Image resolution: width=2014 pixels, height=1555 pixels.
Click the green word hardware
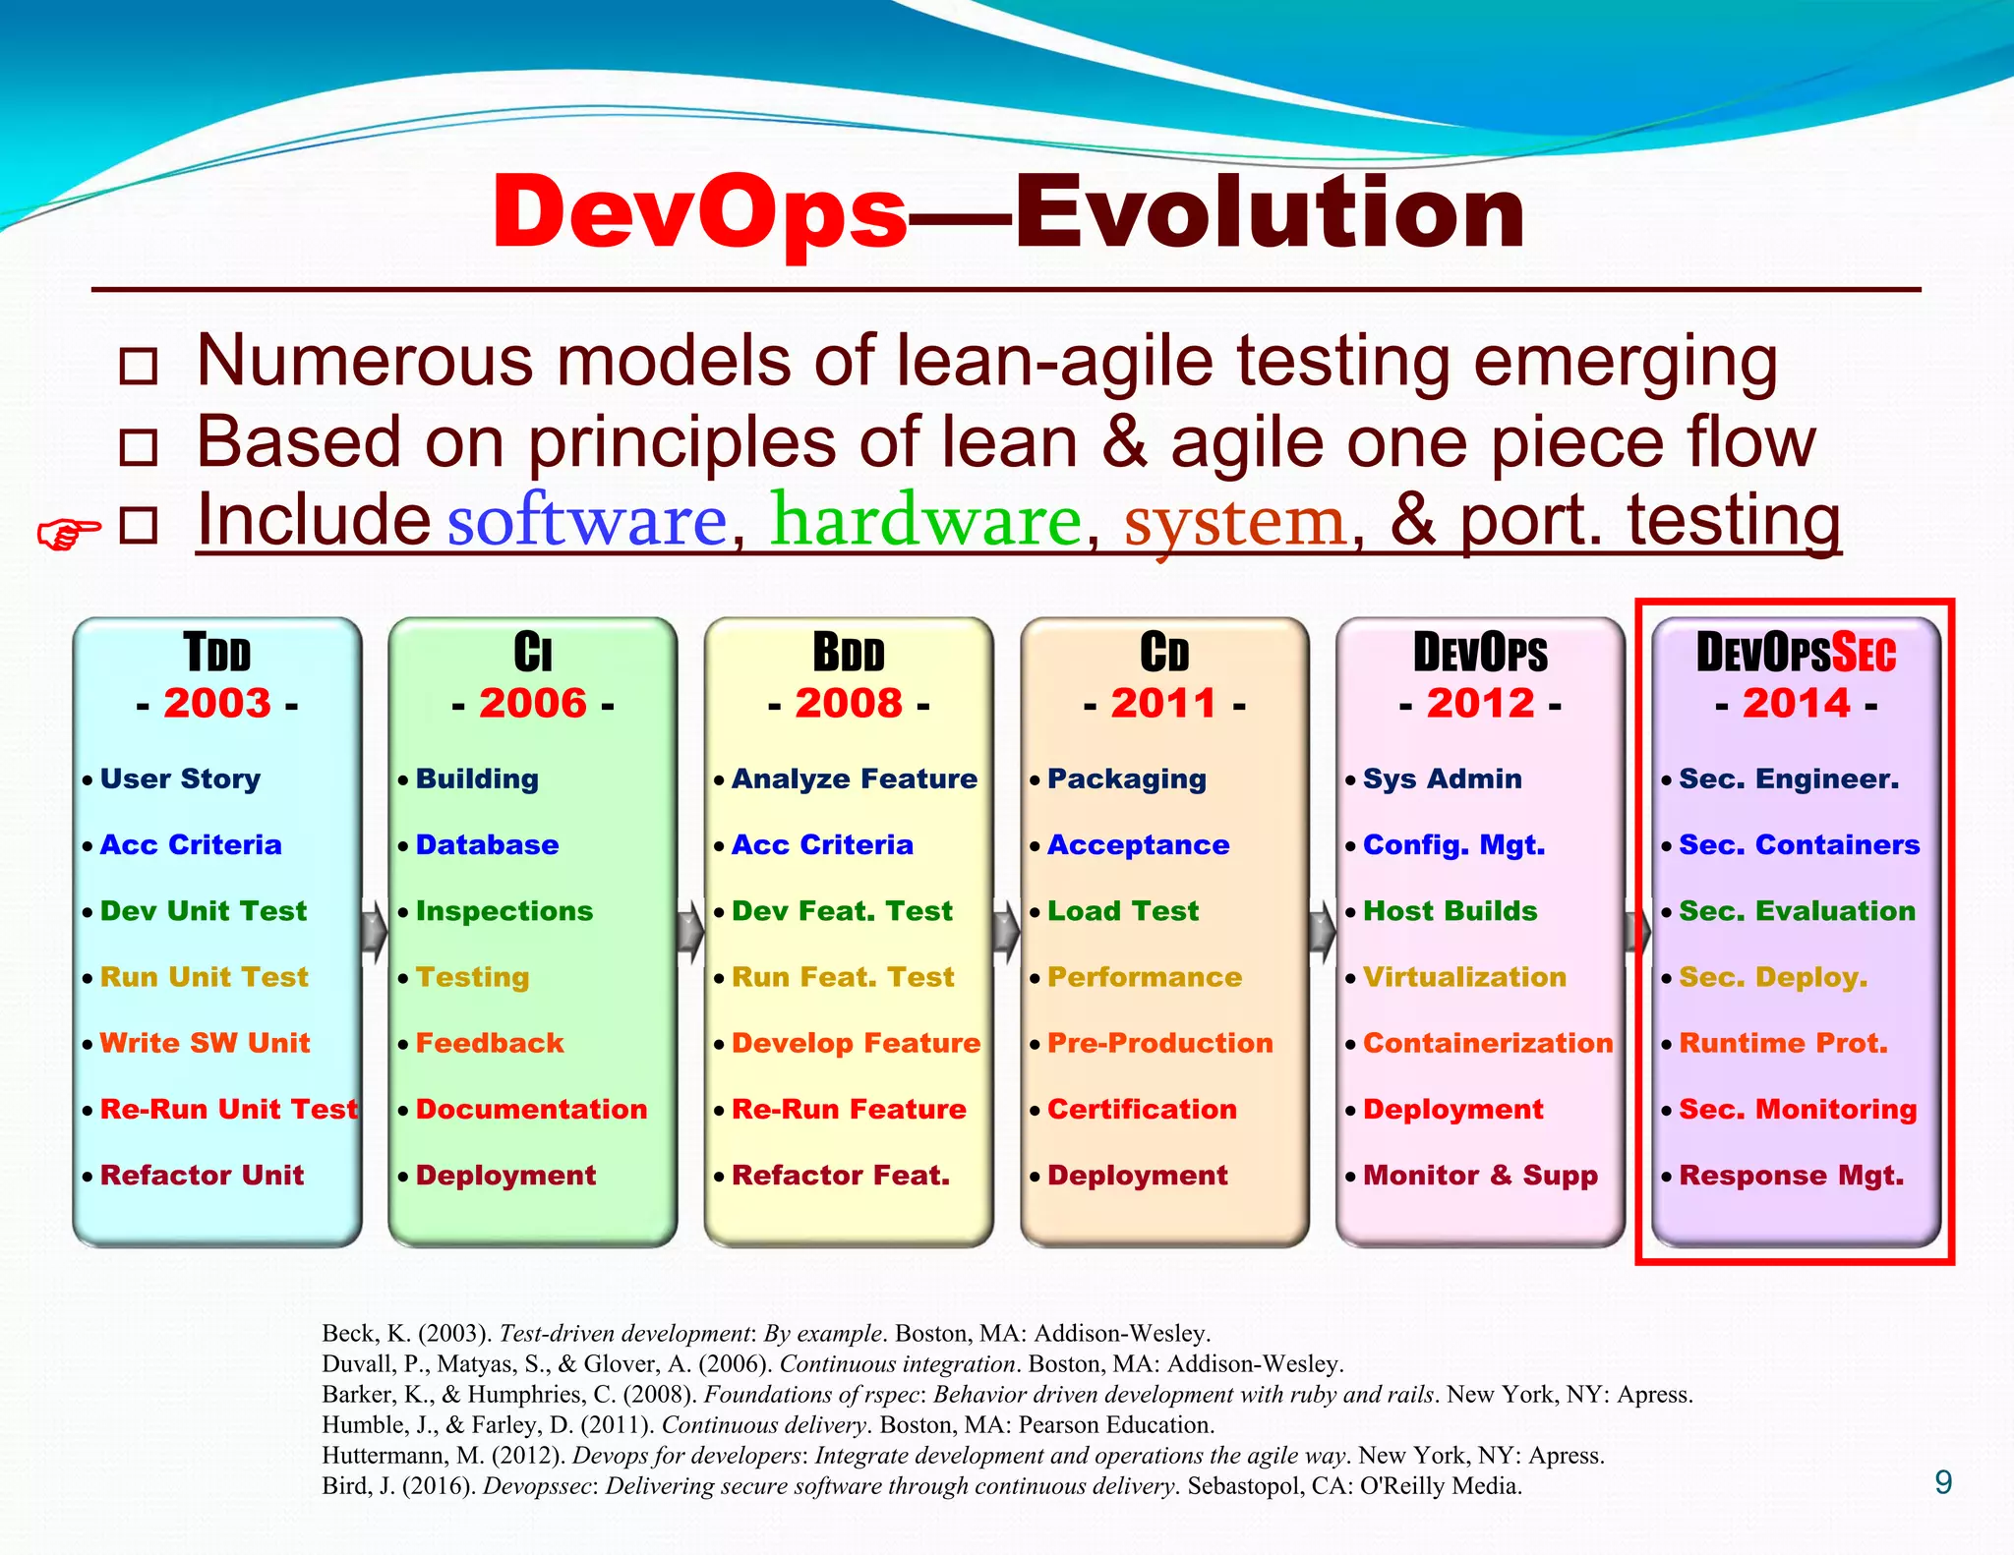[926, 520]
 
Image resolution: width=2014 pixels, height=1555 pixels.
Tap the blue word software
[587, 520]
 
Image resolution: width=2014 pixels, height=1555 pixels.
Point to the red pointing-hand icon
[68, 534]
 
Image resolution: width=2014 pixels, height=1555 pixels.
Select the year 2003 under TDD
[217, 703]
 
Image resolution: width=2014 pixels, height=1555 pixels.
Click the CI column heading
[532, 653]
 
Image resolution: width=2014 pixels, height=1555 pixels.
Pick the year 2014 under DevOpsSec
[1796, 703]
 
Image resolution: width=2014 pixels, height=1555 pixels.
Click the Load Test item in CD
[1122, 911]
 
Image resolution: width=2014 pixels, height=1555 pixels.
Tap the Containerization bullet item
[1487, 1043]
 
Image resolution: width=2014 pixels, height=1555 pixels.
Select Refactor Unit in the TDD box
[202, 1175]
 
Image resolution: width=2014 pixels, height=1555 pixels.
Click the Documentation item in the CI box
[531, 1109]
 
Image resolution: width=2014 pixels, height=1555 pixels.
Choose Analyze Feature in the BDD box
[854, 778]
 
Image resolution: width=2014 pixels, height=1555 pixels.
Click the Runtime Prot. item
[1783, 1043]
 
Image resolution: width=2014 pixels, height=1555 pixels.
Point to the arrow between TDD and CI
[375, 930]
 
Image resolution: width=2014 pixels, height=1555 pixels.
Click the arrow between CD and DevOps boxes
[1323, 930]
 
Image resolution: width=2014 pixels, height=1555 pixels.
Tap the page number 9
[1942, 1482]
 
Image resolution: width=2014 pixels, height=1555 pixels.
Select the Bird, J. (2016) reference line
[920, 1486]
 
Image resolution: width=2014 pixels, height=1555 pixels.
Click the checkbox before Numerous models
[138, 366]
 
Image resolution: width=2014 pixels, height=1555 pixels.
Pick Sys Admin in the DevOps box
[1442, 778]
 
